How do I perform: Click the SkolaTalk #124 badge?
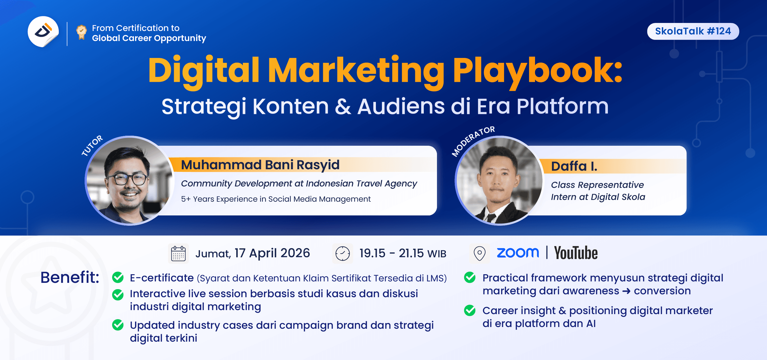(692, 31)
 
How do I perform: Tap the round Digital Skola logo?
(43, 32)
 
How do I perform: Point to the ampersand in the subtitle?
(343, 107)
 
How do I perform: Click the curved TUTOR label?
(92, 145)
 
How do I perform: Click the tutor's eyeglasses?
(126, 179)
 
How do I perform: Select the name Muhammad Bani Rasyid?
(260, 165)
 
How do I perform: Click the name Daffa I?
(574, 166)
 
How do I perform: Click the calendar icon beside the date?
(178, 254)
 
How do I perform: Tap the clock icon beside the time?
(342, 254)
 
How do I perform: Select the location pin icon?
(479, 254)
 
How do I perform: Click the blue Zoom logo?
(518, 253)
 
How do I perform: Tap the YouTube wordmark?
(575, 253)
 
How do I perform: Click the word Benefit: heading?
(70, 277)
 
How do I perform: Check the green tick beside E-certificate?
(118, 277)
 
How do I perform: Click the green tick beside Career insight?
(470, 310)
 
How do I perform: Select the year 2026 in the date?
(295, 253)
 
